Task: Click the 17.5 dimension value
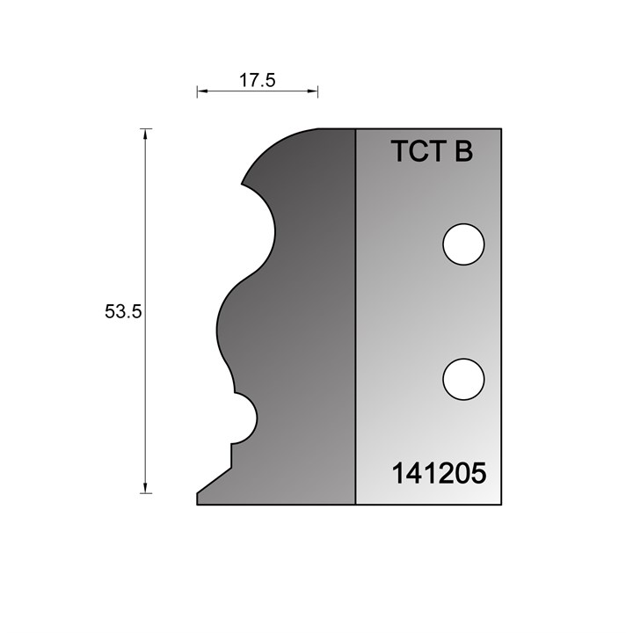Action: pos(257,80)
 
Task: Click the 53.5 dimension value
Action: pos(123,311)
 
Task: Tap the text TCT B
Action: pos(432,151)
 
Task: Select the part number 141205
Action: pos(440,473)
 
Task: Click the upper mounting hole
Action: pos(463,244)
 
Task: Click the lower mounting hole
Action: pos(463,380)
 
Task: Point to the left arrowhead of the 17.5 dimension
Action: pos(202,91)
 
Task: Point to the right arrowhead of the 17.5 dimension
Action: pos(312,91)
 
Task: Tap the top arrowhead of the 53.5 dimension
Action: pos(145,134)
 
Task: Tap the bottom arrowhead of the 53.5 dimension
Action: pos(145,488)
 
